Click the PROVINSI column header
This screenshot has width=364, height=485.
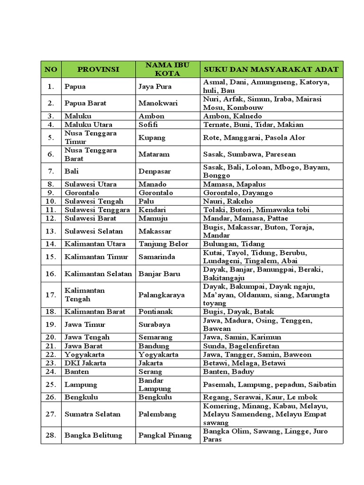pyautogui.click(x=98, y=69)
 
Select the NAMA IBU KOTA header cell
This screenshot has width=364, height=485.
pyautogui.click(x=167, y=69)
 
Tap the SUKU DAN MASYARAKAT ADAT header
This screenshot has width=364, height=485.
pyautogui.click(x=271, y=69)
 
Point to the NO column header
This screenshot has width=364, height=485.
pyautogui.click(x=51, y=69)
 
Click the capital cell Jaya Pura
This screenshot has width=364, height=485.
pyautogui.click(x=155, y=87)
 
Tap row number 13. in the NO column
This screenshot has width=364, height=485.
pyautogui.click(x=51, y=231)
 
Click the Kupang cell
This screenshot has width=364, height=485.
pyautogui.click(x=152, y=137)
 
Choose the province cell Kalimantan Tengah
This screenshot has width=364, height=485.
pyautogui.click(x=85, y=295)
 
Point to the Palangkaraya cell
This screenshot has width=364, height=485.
pyautogui.click(x=162, y=295)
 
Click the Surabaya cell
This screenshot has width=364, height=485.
pyautogui.click(x=154, y=324)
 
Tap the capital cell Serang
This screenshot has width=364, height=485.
pyautogui.click(x=150, y=372)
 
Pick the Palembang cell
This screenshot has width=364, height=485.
pyautogui.click(x=157, y=414)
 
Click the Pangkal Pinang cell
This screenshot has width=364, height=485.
pyautogui.click(x=165, y=435)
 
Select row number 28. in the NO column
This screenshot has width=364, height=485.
pyautogui.click(x=51, y=435)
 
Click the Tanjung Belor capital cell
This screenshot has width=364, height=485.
pyautogui.click(x=163, y=244)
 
